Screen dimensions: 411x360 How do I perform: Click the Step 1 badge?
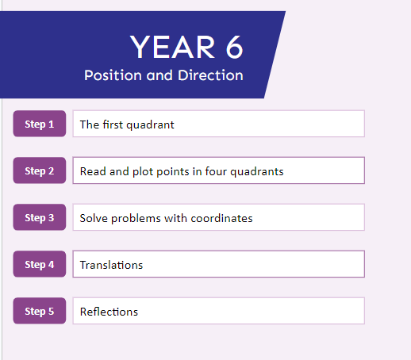tap(40, 124)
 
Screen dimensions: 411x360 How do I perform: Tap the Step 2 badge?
tap(40, 170)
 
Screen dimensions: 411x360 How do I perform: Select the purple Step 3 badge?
tap(40, 217)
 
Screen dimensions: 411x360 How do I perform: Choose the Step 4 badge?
tap(40, 264)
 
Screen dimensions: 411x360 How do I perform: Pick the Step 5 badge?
tap(40, 311)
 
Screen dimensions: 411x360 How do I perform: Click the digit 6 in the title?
tap(234, 48)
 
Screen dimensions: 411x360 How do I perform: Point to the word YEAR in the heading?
tap(172, 47)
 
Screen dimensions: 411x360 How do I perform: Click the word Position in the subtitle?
tap(113, 75)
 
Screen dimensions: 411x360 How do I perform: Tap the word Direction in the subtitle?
tap(210, 75)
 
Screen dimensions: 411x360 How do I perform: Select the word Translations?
tap(111, 265)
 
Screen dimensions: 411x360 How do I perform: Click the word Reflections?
tap(109, 312)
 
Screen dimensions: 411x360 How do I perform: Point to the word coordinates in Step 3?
tap(221, 218)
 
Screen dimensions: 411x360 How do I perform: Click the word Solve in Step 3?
tap(94, 218)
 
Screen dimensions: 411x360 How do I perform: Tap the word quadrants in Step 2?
tap(257, 172)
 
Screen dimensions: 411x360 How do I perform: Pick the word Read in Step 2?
tap(94, 171)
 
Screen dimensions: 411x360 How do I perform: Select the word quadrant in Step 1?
tap(150, 125)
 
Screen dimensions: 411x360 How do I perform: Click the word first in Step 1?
tap(113, 124)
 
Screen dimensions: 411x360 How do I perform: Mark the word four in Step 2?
tap(216, 171)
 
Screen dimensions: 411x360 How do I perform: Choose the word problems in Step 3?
tap(136, 219)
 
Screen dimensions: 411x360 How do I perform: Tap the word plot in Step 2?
tap(143, 172)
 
